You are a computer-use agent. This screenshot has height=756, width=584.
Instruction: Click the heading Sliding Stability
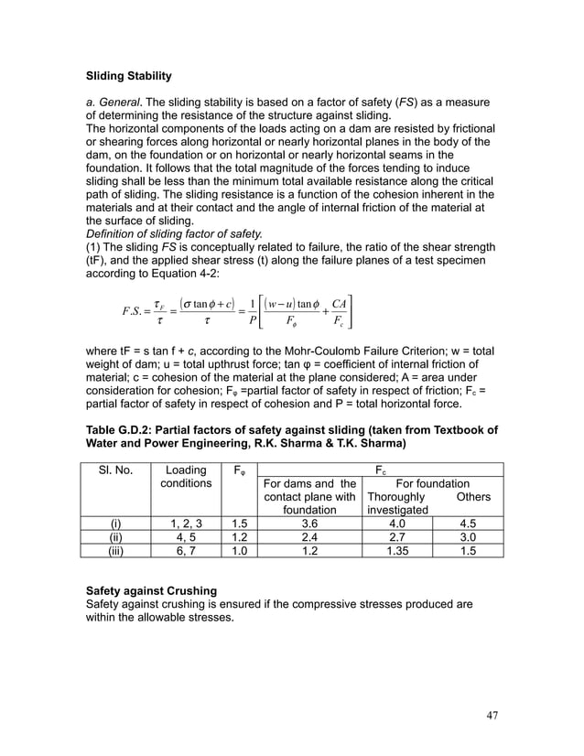coord(128,74)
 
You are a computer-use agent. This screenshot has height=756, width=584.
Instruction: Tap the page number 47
coord(492,715)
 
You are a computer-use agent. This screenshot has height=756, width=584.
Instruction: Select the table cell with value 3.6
coord(309,524)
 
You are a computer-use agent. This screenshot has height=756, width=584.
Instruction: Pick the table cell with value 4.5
coord(474,524)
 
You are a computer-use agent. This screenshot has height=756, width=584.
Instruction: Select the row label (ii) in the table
coord(116,538)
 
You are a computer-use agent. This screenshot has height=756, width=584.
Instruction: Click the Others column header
coord(474,496)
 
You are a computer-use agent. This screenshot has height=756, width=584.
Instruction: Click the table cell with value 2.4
coord(309,538)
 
